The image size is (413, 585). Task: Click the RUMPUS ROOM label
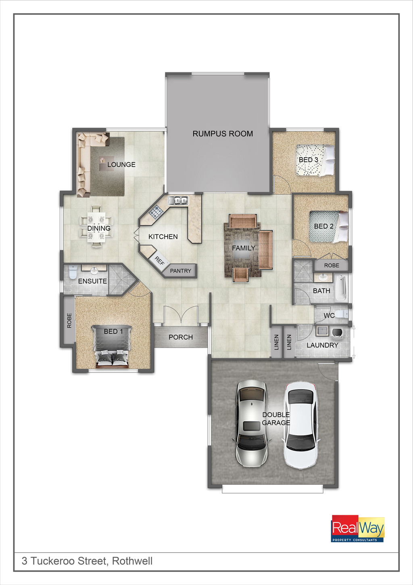click(223, 134)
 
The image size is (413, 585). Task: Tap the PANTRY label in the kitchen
click(180, 271)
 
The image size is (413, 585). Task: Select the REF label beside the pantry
click(159, 261)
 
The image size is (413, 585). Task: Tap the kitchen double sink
click(178, 200)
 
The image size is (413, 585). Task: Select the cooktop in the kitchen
click(156, 212)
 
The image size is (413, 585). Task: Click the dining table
click(96, 227)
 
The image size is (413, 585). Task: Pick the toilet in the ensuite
click(72, 271)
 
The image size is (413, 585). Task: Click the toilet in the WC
click(342, 314)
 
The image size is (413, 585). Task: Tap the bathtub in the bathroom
click(341, 288)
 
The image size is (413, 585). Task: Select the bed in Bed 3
click(315, 160)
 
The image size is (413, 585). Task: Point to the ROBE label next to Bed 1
click(69, 320)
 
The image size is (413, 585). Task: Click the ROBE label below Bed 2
click(332, 265)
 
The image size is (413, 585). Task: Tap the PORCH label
click(181, 337)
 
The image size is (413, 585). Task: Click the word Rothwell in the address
click(132, 561)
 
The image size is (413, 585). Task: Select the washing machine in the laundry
click(338, 332)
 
